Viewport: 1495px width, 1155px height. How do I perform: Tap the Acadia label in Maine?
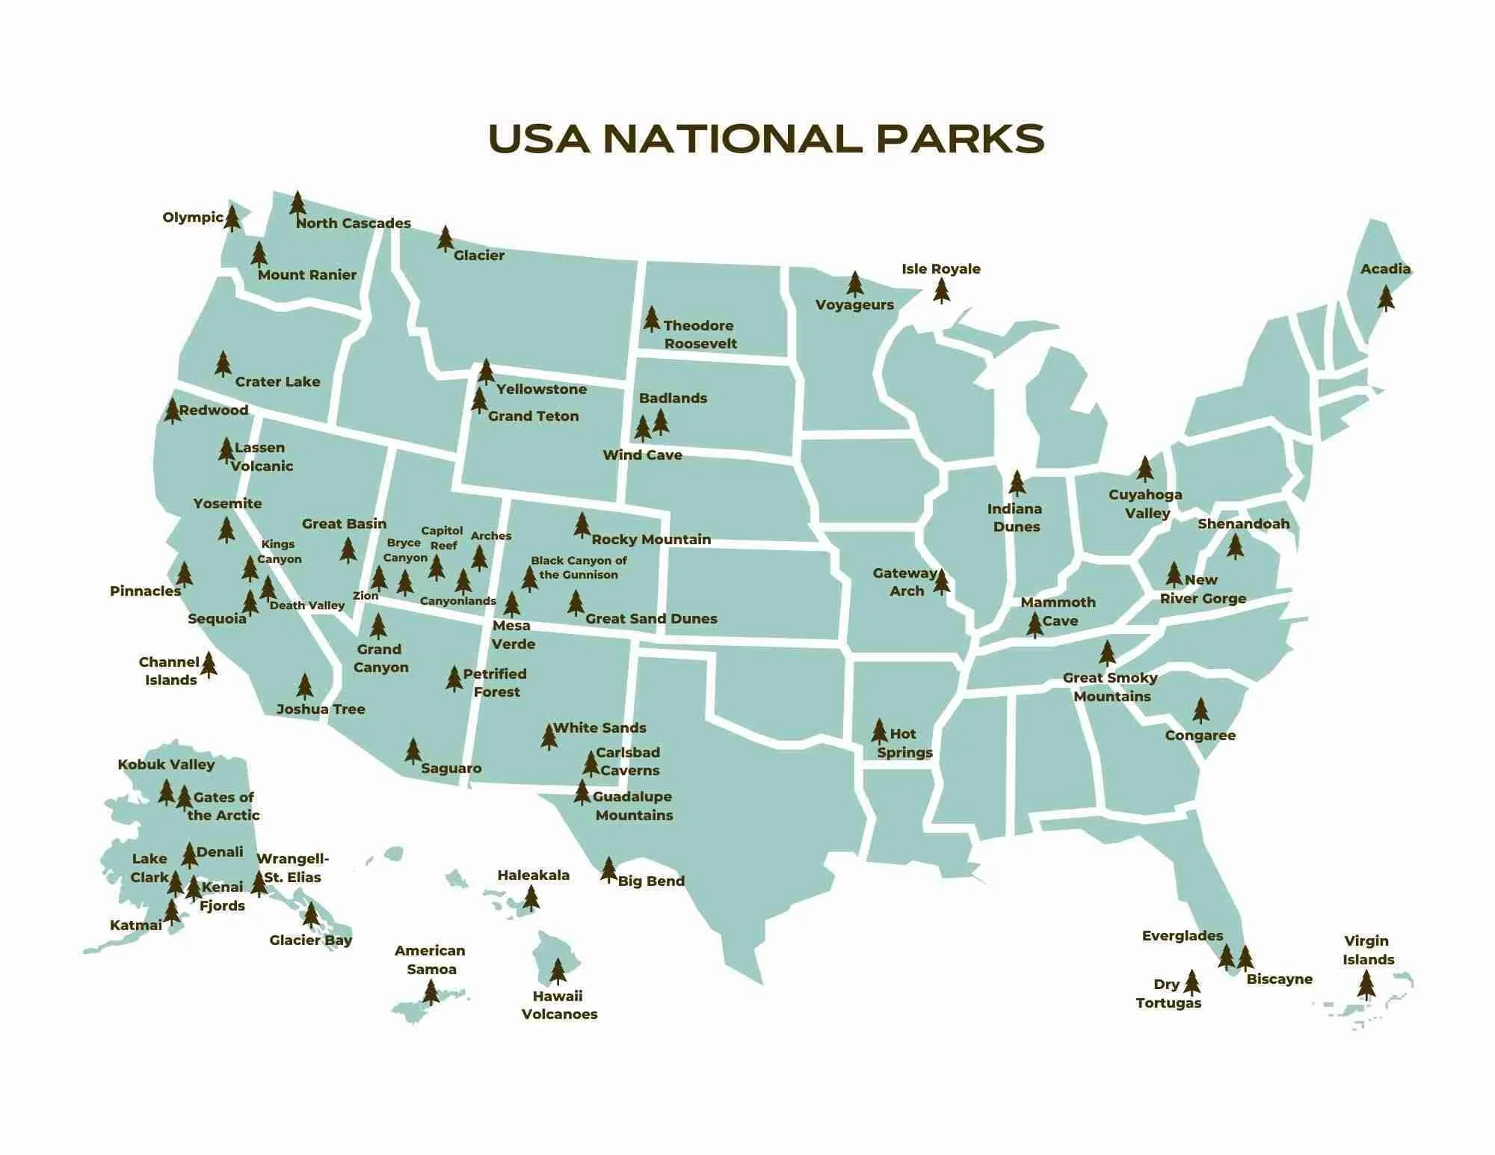[x=1385, y=269]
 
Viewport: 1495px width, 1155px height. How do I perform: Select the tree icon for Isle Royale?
[x=942, y=291]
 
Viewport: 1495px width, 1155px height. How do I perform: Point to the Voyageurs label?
[x=854, y=305]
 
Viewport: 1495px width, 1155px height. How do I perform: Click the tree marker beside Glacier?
[x=446, y=239]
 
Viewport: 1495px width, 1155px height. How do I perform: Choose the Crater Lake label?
[x=277, y=382]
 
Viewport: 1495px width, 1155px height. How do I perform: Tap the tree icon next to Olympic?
[x=232, y=218]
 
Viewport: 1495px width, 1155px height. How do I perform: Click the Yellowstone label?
[x=541, y=389]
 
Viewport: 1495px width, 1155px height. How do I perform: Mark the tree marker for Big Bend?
[x=608, y=869]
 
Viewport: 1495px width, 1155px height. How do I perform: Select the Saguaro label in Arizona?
[x=451, y=769]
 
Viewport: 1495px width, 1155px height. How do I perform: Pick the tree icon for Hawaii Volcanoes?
[x=558, y=971]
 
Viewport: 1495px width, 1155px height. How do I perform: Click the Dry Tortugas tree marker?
[x=1192, y=983]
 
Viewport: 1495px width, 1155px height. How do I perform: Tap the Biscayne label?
[x=1279, y=979]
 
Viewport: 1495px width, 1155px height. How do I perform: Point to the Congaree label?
[x=1200, y=736]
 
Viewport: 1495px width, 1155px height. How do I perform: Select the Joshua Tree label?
[x=321, y=709]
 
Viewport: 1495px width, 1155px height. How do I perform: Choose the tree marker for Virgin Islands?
[x=1366, y=985]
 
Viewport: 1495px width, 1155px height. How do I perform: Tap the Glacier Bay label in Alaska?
[x=310, y=940]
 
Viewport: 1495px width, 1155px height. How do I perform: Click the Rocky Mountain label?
[x=651, y=540]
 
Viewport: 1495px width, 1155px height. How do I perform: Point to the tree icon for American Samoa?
[x=431, y=992]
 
